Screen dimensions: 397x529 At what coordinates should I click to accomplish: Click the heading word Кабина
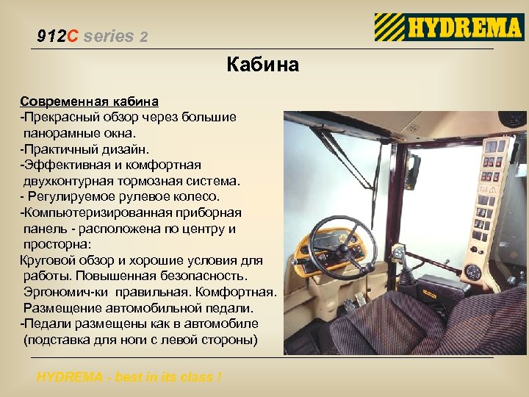tap(263, 65)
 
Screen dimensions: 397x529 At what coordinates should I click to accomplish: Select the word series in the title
tap(109, 36)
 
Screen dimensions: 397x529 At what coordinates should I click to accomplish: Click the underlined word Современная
tap(63, 100)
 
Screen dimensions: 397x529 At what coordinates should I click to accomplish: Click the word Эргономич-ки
tap(65, 293)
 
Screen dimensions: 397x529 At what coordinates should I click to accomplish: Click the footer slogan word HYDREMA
tap(71, 377)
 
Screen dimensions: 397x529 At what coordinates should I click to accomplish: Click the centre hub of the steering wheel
tap(342, 246)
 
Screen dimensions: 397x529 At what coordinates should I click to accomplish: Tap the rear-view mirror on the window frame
tap(413, 171)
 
